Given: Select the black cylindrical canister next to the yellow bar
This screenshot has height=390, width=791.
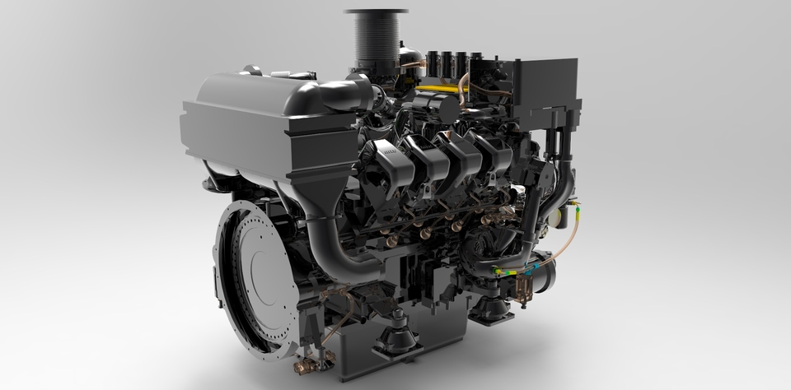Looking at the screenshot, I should (x=446, y=106).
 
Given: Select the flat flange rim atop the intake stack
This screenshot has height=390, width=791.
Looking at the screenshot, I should (x=376, y=12).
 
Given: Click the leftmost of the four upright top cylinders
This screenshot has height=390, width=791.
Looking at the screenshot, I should (x=430, y=63).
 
